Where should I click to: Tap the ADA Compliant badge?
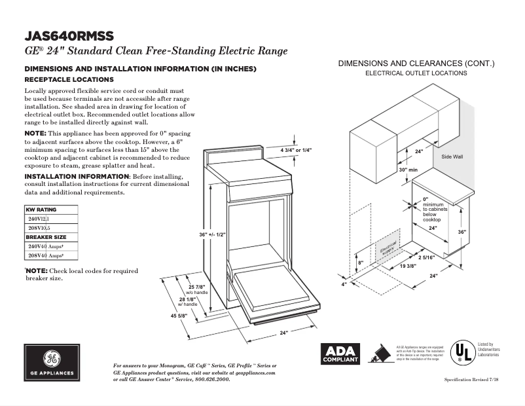click(x=340, y=354)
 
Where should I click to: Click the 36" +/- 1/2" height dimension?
click(x=212, y=234)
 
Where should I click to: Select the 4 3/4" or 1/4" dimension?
click(x=296, y=151)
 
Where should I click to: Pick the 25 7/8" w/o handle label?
click(x=196, y=289)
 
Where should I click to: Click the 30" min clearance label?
click(x=408, y=170)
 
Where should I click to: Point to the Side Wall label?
click(x=452, y=157)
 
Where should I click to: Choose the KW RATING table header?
click(x=41, y=210)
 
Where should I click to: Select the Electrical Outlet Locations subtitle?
click(x=416, y=73)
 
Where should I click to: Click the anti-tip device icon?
click(x=379, y=354)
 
